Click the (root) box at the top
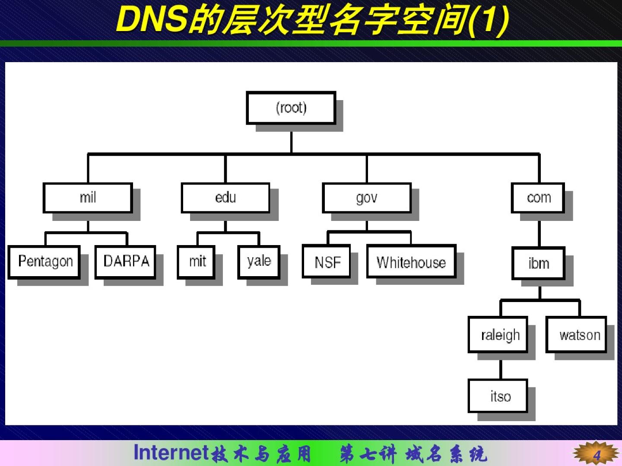[291, 108]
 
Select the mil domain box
[88, 198]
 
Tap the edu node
[225, 198]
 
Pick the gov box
[367, 198]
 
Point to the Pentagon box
[44, 262]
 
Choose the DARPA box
[125, 262]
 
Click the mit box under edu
[196, 262]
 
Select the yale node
[259, 262]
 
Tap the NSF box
[326, 261]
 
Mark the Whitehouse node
[412, 261]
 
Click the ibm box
[538, 263]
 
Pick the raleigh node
[498, 334]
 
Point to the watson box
[576, 334]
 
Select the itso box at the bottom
[498, 396]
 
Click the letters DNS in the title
[152, 19]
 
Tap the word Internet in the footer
[171, 453]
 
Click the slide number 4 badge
[596, 453]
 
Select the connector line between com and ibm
[539, 233]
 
